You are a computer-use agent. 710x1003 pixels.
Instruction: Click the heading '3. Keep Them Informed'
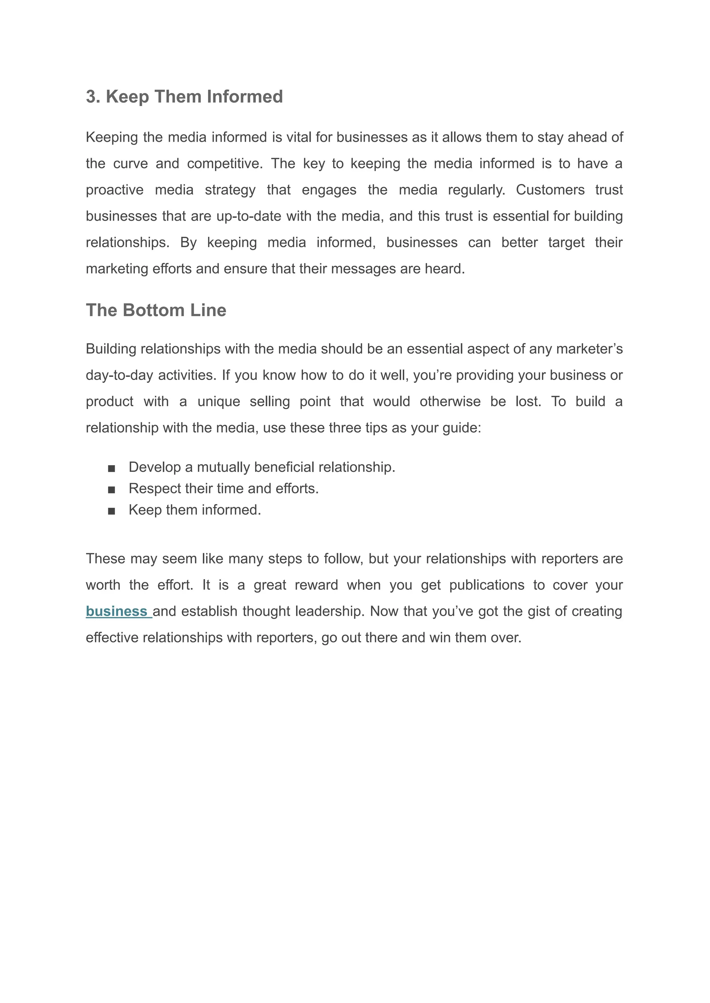[x=184, y=97]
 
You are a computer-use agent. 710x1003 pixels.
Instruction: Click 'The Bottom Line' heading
[x=156, y=310]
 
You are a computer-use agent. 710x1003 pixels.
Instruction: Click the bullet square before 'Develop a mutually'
[x=112, y=468]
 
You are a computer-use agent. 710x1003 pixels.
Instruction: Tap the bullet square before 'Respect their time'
[x=112, y=490]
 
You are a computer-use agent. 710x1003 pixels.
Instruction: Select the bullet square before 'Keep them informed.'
[x=112, y=511]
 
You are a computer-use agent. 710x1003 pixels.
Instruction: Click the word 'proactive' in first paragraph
[x=114, y=190]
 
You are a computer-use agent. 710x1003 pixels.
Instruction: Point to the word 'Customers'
[x=550, y=190]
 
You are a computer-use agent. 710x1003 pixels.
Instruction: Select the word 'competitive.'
[x=225, y=164]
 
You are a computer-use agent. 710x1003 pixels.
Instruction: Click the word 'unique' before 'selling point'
[x=219, y=401]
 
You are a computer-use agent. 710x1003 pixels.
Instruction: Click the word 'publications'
[x=487, y=585]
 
